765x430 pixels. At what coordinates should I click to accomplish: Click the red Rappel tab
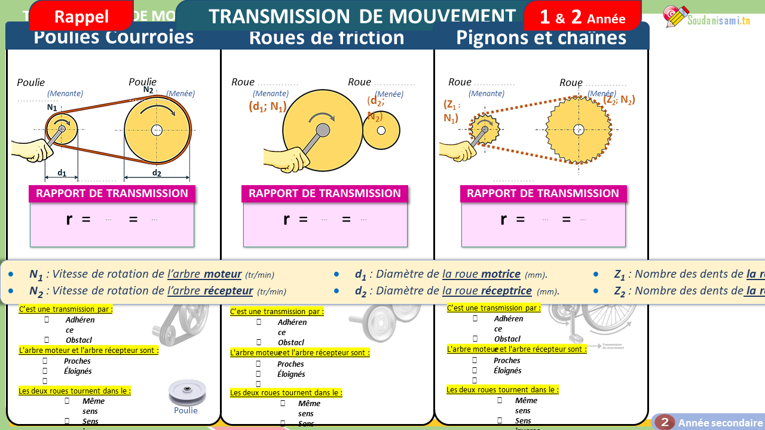coord(81,16)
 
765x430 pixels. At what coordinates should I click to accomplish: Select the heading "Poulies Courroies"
coord(114,37)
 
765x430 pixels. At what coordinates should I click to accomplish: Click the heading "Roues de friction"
coord(326,38)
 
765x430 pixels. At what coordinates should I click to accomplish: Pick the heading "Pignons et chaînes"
coord(541,38)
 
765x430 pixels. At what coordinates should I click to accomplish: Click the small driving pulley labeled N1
coord(62,128)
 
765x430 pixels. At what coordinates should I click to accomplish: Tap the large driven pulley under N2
coord(157,130)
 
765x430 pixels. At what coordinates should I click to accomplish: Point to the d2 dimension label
coord(157,173)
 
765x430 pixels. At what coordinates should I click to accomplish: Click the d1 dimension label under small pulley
coord(62,173)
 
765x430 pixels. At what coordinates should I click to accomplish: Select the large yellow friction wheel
coord(323,130)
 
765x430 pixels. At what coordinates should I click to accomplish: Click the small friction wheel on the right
coord(381,130)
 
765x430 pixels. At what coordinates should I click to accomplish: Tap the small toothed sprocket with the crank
coord(484,129)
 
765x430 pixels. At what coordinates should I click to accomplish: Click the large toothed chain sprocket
coord(578,130)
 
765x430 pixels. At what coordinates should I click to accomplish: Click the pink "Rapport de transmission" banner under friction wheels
coord(325,193)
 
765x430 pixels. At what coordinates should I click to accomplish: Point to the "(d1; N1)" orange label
coord(267,107)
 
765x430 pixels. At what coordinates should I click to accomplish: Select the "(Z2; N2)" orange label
coord(619,100)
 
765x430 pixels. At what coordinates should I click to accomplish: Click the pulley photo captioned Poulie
coord(186,392)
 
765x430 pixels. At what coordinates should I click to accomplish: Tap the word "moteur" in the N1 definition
coord(222,274)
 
